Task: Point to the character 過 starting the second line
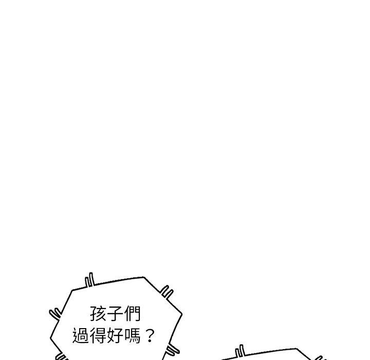[81, 337]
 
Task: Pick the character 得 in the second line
[98, 337]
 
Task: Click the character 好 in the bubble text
[115, 337]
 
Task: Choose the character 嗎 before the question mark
[132, 337]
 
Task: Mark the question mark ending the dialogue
[150, 337]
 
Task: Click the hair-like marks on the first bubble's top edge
[90, 280]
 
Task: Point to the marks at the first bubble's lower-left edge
[61, 356]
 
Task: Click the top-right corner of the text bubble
[143, 277]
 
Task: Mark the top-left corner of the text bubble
[72, 290]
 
